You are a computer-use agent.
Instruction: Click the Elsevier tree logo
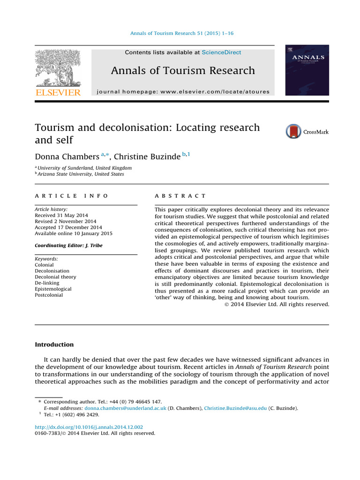pos(58,67)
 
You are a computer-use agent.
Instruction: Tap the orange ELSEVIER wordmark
pos(58,92)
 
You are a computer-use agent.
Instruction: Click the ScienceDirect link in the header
pos(221,52)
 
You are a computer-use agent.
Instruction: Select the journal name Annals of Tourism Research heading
pos(183,71)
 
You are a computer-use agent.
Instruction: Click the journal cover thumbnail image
pos(307,70)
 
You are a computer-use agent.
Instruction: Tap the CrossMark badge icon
pos(294,132)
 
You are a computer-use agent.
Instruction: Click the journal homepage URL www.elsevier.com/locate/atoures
pos(215,92)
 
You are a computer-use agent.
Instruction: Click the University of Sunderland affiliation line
pos(84,168)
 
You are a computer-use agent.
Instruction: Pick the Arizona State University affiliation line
pos(81,174)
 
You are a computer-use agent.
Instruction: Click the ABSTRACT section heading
pos(180,196)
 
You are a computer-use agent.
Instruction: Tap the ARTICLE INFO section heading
pos(71,196)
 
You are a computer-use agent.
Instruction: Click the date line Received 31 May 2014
pos(61,215)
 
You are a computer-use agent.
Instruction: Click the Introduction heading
pos(54,345)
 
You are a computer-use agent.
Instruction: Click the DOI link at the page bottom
pos(89,427)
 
